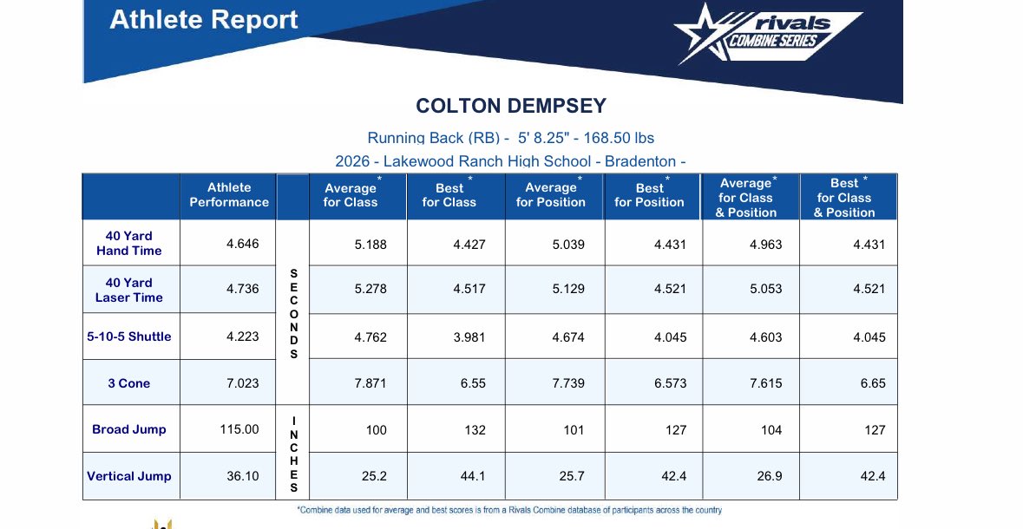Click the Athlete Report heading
pos(204,20)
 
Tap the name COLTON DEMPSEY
pos(511,106)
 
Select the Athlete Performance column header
pos(229,195)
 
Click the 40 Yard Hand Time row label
pos(129,243)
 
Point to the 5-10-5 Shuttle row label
pos(129,336)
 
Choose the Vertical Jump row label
pos(129,476)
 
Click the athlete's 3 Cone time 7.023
pos(242,383)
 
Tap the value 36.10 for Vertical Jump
pos(242,476)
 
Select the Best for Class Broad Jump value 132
pos(475,430)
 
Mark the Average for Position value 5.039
pos(568,245)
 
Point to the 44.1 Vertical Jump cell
pos(472,476)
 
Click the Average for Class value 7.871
pos(371,383)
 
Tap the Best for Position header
pos(649,195)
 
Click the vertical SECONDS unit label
pos(293,314)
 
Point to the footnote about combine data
pos(509,511)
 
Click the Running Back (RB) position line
pos(511,138)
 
